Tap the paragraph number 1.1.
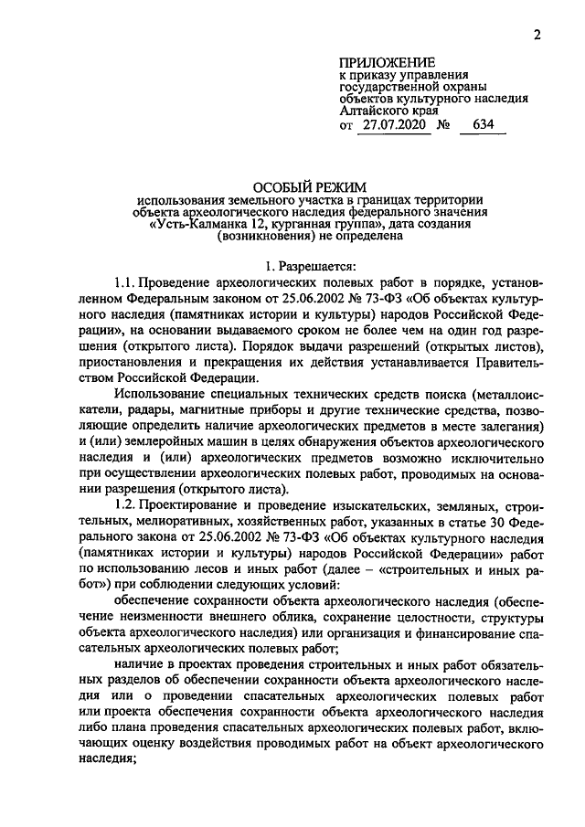coord(126,283)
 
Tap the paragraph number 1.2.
coord(126,505)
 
